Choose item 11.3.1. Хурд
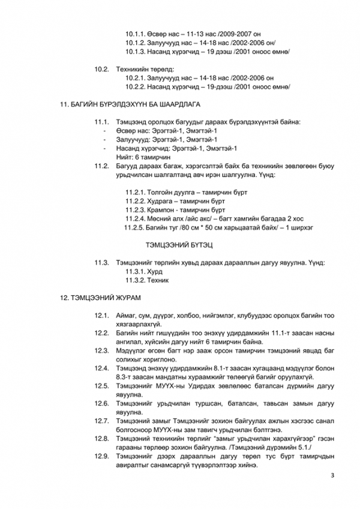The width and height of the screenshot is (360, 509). tap(146, 271)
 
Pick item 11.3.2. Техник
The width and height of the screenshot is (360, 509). tap(150, 280)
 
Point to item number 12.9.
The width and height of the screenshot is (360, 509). tap(101, 457)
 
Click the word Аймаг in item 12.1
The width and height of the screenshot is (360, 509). tap(127, 315)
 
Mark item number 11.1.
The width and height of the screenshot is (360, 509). tap(101, 122)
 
